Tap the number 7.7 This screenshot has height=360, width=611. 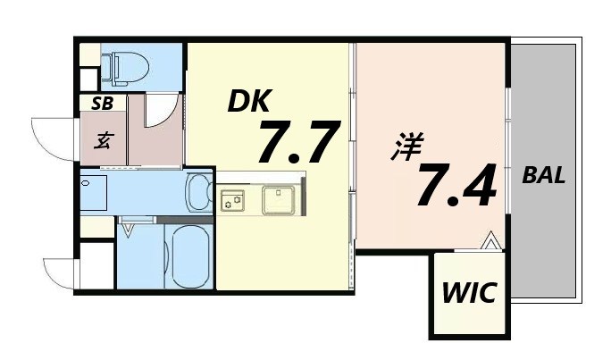[298, 142]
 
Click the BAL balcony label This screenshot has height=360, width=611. [543, 176]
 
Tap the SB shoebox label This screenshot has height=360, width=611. [101, 104]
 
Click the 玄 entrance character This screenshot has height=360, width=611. [105, 140]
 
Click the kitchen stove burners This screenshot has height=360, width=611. [231, 200]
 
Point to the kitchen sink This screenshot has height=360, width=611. [280, 198]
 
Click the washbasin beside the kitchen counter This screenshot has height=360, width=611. [199, 192]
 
